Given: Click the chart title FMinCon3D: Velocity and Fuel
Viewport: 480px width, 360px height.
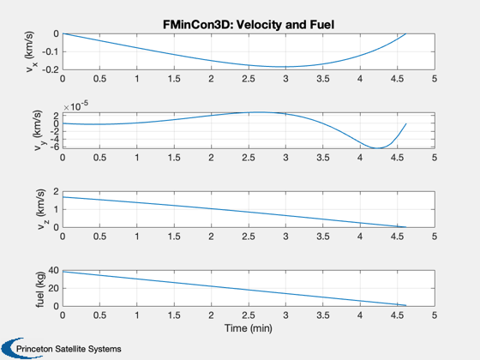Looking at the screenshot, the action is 249,25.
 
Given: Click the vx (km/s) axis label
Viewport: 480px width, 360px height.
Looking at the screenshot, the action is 31,51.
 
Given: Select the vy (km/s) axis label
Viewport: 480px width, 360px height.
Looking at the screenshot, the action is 38,130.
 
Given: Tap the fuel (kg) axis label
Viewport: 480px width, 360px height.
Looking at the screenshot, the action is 40,289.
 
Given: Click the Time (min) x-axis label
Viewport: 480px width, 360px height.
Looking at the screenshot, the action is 249,328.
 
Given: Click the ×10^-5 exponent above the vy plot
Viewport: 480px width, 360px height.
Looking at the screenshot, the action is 76,106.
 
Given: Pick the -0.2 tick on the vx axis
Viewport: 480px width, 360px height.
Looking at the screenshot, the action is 51,69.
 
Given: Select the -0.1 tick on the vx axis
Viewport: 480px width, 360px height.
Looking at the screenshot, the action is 51,51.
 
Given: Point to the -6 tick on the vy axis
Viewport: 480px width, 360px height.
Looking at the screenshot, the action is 55,147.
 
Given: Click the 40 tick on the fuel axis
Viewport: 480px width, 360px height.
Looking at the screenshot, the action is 53,270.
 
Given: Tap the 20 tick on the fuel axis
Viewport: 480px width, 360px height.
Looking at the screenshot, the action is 53,288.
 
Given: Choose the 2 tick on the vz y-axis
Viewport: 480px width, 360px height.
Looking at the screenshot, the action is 56,192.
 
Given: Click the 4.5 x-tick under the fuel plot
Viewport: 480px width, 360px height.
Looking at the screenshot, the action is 397,315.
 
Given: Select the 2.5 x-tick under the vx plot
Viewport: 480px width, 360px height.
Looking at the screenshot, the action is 249,79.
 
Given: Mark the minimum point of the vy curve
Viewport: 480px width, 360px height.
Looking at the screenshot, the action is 377,148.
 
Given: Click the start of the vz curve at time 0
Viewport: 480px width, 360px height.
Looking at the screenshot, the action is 63,197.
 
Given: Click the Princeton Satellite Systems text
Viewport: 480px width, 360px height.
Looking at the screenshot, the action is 69,349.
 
